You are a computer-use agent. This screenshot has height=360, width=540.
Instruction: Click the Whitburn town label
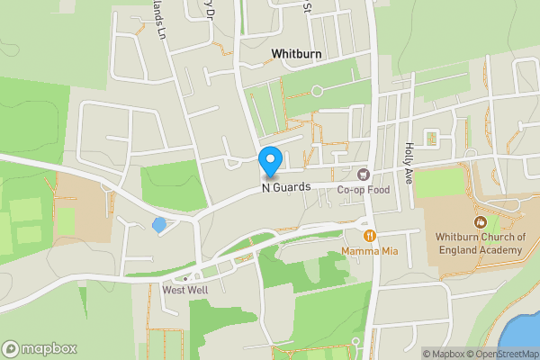[x=296, y=55]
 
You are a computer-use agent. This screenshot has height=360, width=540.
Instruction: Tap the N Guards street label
[x=286, y=186]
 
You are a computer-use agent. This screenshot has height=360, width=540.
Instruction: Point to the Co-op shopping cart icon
[x=364, y=174]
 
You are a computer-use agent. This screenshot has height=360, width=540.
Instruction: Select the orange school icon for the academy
[x=480, y=221]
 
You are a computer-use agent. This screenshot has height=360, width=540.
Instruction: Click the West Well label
[x=185, y=290]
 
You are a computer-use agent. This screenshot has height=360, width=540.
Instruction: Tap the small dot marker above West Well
[x=186, y=278]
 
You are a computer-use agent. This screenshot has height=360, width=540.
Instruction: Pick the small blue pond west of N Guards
[x=159, y=224]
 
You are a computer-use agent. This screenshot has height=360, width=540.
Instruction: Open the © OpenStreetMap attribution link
[x=501, y=354]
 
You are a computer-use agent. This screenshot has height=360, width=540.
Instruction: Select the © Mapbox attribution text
[x=442, y=354]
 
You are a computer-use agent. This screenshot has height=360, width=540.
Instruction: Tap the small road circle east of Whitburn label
[x=316, y=90]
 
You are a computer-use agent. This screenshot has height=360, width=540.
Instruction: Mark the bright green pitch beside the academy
[x=437, y=184]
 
